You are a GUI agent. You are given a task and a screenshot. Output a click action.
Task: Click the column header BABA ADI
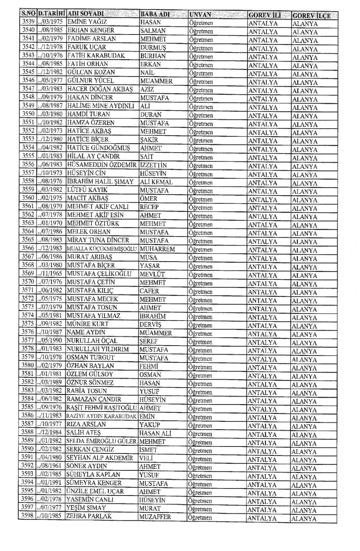coord(155,14)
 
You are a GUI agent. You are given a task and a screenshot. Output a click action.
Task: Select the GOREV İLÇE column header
coord(311,15)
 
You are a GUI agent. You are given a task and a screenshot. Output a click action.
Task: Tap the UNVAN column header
coord(200,15)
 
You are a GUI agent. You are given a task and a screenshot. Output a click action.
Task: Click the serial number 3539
coord(28,22)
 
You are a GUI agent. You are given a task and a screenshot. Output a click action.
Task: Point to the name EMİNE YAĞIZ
coord(87,22)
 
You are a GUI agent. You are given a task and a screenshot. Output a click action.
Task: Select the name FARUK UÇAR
coord(87,47)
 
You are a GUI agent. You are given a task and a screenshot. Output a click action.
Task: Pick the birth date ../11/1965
coord(50,274)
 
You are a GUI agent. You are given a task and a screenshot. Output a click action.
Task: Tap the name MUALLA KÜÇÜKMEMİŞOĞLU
coord(102,249)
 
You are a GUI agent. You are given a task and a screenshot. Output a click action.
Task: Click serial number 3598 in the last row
coord(27,515)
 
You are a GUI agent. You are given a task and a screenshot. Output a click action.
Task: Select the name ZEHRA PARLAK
coord(89,516)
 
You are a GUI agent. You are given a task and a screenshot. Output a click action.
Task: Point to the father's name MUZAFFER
coord(155,517)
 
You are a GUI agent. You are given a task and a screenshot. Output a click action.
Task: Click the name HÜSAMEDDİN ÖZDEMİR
coord(102,165)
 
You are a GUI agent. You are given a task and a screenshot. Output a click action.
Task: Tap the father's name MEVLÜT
coord(152,274)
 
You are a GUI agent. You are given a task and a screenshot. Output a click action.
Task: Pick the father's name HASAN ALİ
coord(155,433)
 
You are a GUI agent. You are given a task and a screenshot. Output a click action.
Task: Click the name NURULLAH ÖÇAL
coord(92,341)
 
